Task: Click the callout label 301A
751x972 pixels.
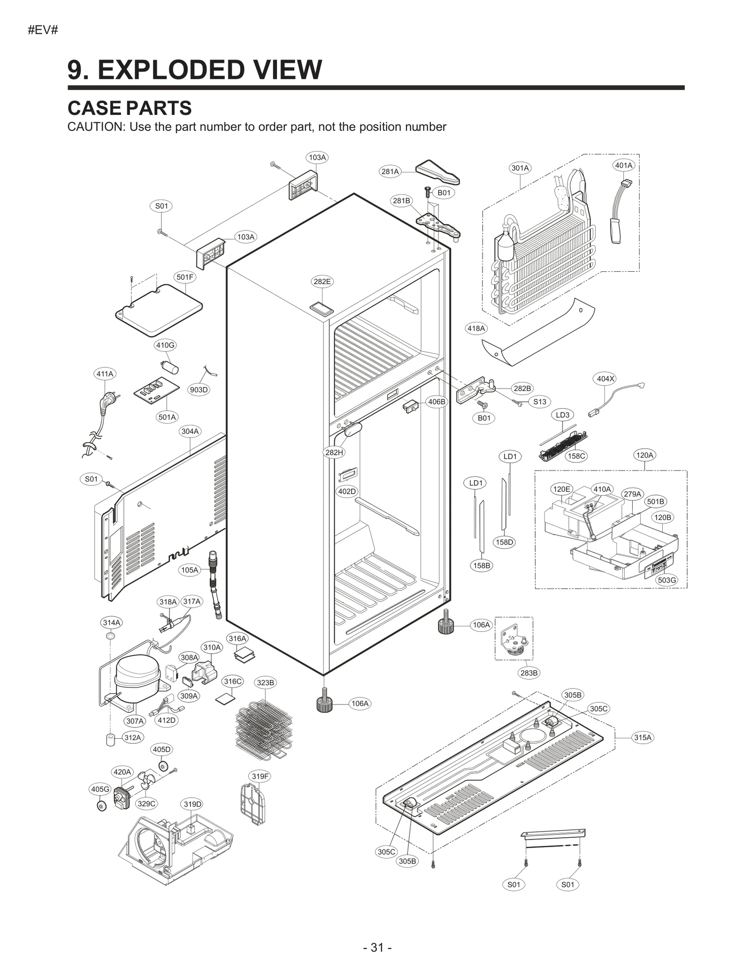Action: click(x=520, y=168)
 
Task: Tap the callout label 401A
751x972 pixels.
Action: click(x=624, y=165)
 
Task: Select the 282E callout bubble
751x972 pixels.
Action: click(x=322, y=282)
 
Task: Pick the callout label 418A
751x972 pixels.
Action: click(x=476, y=329)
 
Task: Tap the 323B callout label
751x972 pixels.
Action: click(x=266, y=682)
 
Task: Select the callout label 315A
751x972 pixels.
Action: click(x=643, y=737)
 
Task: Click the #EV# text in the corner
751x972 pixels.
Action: click(x=43, y=31)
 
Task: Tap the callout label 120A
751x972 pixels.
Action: click(x=644, y=455)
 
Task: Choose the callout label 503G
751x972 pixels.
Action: click(x=667, y=580)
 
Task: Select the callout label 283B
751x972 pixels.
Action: click(x=529, y=673)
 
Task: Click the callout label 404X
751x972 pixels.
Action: click(x=605, y=379)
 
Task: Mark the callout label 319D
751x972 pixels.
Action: click(x=192, y=804)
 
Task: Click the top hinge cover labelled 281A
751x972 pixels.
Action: click(x=437, y=172)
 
